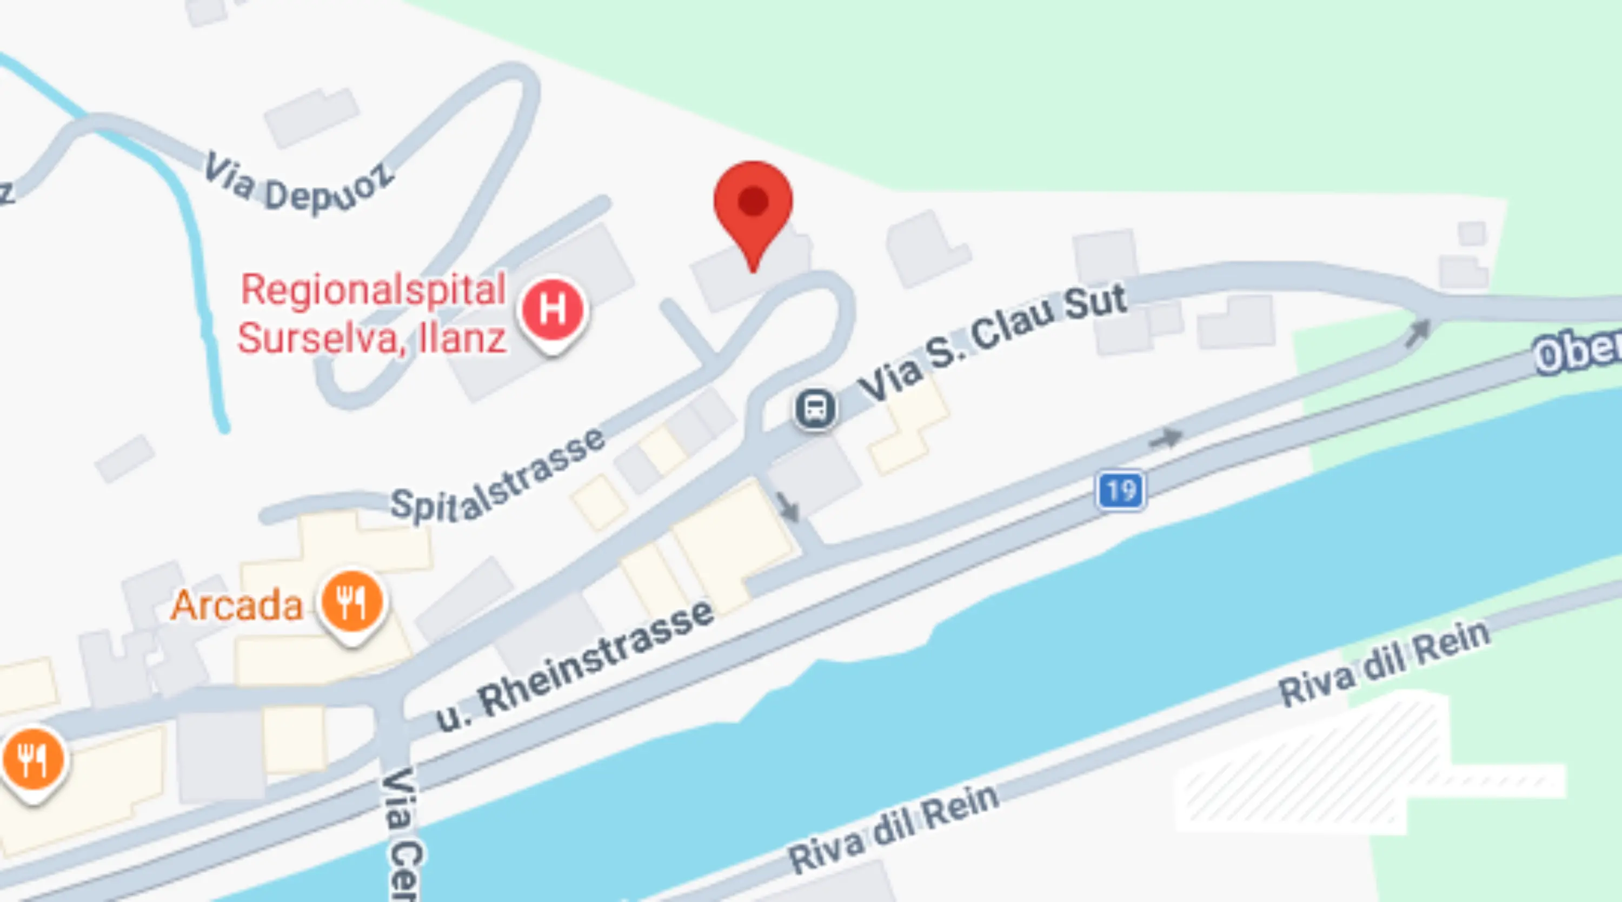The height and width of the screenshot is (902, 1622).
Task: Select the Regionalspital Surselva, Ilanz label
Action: pyautogui.click(x=373, y=314)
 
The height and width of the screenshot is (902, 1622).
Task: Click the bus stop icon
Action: pyautogui.click(x=815, y=409)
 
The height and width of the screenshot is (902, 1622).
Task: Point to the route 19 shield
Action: pyautogui.click(x=1121, y=490)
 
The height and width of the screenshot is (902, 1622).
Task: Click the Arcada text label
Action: pyautogui.click(x=237, y=605)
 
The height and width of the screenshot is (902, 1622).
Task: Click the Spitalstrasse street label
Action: pyautogui.click(x=497, y=479)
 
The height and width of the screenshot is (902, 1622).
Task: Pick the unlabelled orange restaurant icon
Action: pyautogui.click(x=33, y=761)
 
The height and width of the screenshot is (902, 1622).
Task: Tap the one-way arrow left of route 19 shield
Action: pyautogui.click(x=1166, y=438)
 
